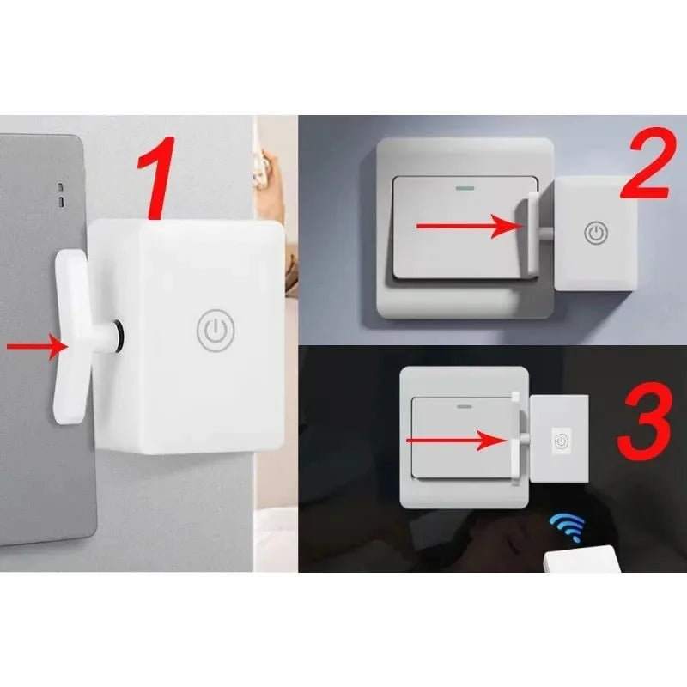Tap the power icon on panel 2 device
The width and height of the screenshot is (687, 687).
pos(596,233)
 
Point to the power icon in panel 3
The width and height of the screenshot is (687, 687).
pos(561,441)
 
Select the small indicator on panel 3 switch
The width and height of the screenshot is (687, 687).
pos(467,402)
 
